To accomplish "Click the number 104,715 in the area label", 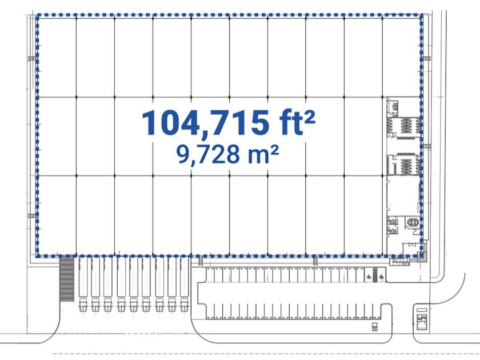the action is [x=205, y=123].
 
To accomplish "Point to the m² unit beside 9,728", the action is [x=263, y=154].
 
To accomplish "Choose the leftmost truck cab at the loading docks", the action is [x=83, y=304].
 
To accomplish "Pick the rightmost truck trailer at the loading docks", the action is [x=184, y=277].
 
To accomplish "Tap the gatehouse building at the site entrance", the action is [x=422, y=321].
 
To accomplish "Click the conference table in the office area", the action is [x=413, y=222].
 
